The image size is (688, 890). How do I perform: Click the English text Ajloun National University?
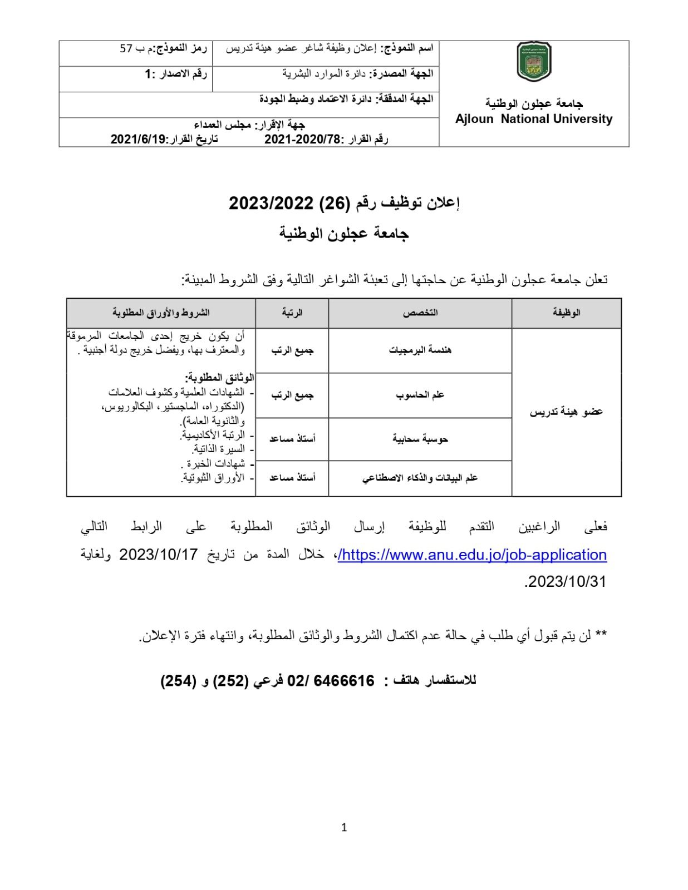click(x=533, y=119)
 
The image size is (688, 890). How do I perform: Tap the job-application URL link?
click(x=472, y=555)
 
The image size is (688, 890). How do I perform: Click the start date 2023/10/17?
click(x=159, y=555)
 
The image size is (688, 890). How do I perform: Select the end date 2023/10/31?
click(x=566, y=581)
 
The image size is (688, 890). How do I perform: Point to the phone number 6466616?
click(x=346, y=681)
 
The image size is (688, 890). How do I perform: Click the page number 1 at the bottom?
click(x=343, y=827)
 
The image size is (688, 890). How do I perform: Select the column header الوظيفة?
click(x=566, y=313)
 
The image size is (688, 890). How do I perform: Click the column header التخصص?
click(x=420, y=313)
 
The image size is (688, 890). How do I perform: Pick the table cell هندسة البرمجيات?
click(x=420, y=350)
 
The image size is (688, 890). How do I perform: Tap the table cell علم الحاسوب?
click(x=420, y=395)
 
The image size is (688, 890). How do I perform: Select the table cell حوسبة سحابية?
click(x=420, y=439)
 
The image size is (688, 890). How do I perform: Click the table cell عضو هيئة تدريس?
click(x=566, y=412)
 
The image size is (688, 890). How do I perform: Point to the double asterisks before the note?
click(x=601, y=635)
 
